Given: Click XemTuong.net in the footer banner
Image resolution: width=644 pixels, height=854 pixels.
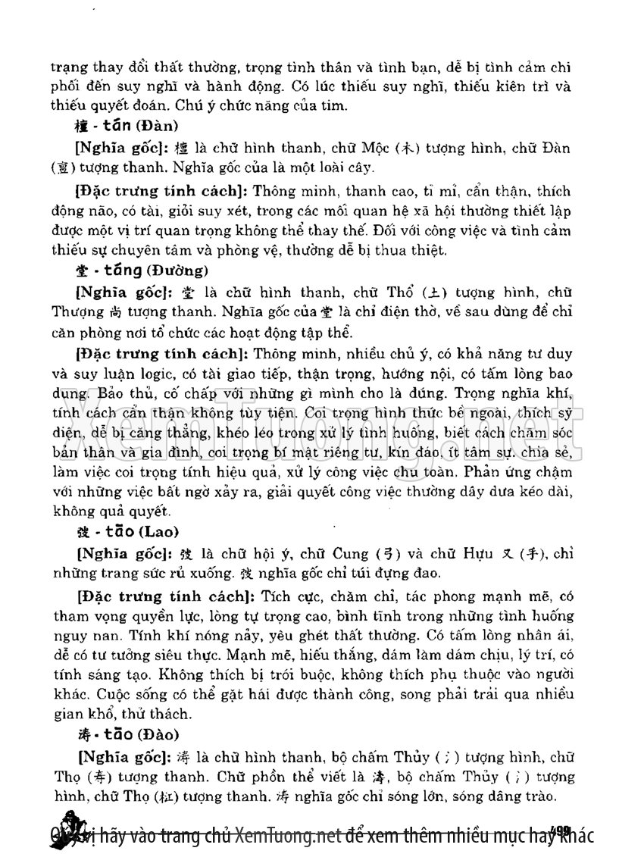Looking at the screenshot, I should tap(286, 834).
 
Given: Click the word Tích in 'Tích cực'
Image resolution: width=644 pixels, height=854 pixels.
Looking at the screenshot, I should tap(271, 596).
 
